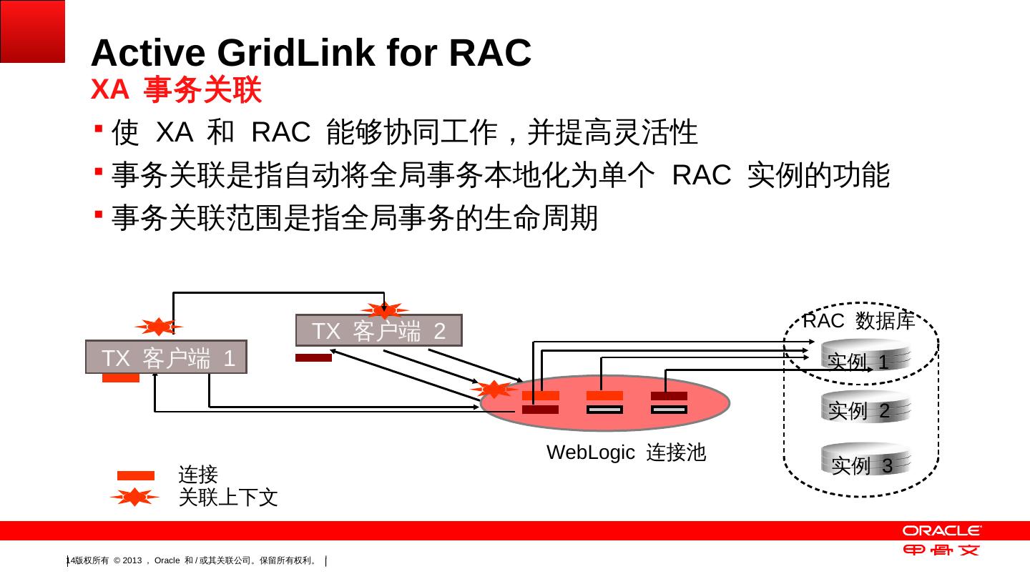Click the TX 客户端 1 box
tap(166, 357)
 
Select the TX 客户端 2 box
tap(379, 330)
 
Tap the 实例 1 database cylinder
tap(865, 355)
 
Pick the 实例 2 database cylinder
tap(865, 407)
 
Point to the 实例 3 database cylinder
tap(865, 459)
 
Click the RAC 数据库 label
tap(858, 320)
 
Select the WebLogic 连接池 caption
tap(626, 452)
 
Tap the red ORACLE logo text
tap(941, 530)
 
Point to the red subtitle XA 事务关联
tap(176, 89)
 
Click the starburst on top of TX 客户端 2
tap(384, 310)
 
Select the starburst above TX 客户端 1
tap(159, 327)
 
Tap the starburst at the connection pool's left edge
tap(494, 389)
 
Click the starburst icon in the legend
tap(134, 498)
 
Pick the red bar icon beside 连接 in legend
tap(136, 475)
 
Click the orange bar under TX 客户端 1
tap(120, 377)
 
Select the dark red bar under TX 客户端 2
tap(313, 357)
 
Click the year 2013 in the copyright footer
tap(132, 560)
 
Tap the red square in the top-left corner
tap(32, 31)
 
